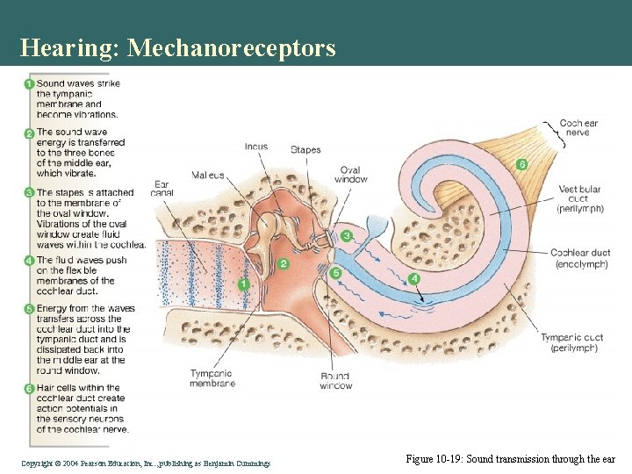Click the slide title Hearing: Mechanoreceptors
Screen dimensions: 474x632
click(x=177, y=47)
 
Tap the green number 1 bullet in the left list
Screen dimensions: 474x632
click(x=29, y=84)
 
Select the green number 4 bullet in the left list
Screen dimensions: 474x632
click(x=29, y=261)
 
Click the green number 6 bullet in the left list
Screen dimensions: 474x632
click(x=29, y=388)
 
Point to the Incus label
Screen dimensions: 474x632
click(x=256, y=147)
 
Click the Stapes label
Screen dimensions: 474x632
click(x=305, y=150)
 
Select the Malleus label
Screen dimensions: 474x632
click(x=208, y=176)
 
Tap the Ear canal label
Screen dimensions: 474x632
click(x=161, y=190)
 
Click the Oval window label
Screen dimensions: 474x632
click(x=352, y=175)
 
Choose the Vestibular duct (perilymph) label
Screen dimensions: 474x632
click(x=580, y=199)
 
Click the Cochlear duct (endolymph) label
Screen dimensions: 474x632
click(x=579, y=258)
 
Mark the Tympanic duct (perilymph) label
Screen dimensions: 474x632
click(x=571, y=342)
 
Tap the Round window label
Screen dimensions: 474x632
click(x=336, y=381)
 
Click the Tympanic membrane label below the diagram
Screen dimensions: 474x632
click(x=212, y=378)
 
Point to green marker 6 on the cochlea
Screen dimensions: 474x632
click(x=521, y=164)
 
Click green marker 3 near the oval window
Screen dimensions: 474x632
click(x=347, y=236)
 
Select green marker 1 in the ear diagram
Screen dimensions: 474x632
click(x=244, y=284)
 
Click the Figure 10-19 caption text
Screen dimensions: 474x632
click(x=510, y=459)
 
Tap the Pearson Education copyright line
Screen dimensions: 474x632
click(x=146, y=462)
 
